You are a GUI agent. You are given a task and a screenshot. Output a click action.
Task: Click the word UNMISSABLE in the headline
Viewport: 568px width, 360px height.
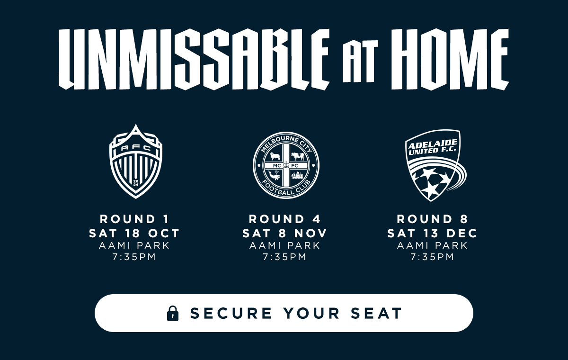[194, 59]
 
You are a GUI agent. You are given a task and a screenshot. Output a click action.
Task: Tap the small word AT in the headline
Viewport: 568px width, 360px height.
[360, 62]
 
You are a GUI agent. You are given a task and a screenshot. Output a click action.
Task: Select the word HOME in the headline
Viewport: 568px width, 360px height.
[450, 59]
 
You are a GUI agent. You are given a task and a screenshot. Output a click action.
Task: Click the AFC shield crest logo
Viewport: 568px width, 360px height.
[136, 162]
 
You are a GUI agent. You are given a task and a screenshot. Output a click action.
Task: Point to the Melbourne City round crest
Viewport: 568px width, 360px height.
[286, 165]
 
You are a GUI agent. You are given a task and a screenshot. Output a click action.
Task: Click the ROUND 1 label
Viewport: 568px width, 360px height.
[134, 219]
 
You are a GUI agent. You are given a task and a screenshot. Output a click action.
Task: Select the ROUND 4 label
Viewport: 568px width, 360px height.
[285, 219]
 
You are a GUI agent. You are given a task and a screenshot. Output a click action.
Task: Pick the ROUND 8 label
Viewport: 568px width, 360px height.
[432, 219]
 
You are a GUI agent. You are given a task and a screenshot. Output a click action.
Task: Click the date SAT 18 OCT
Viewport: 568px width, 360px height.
[134, 234]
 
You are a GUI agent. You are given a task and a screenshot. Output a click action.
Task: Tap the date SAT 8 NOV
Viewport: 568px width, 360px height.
[285, 234]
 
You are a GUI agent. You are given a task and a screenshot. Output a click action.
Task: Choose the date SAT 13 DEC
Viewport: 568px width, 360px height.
[432, 234]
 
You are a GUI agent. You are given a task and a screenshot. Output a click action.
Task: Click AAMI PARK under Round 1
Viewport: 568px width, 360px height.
[134, 245]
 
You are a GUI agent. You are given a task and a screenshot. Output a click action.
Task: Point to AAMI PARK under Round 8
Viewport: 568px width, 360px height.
[432, 245]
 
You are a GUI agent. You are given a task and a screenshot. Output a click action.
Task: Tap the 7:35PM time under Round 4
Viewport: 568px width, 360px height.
[285, 257]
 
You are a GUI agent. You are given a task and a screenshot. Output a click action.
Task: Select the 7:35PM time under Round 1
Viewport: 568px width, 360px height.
[134, 257]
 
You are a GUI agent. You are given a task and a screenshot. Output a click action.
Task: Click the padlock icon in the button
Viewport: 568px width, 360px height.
[173, 314]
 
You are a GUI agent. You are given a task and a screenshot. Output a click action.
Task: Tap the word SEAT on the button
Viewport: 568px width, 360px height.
[376, 313]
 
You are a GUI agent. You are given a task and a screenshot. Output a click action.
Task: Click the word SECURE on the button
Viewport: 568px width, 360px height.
[231, 313]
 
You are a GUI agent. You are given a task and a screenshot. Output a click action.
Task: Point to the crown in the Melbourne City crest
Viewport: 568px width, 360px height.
[286, 165]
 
